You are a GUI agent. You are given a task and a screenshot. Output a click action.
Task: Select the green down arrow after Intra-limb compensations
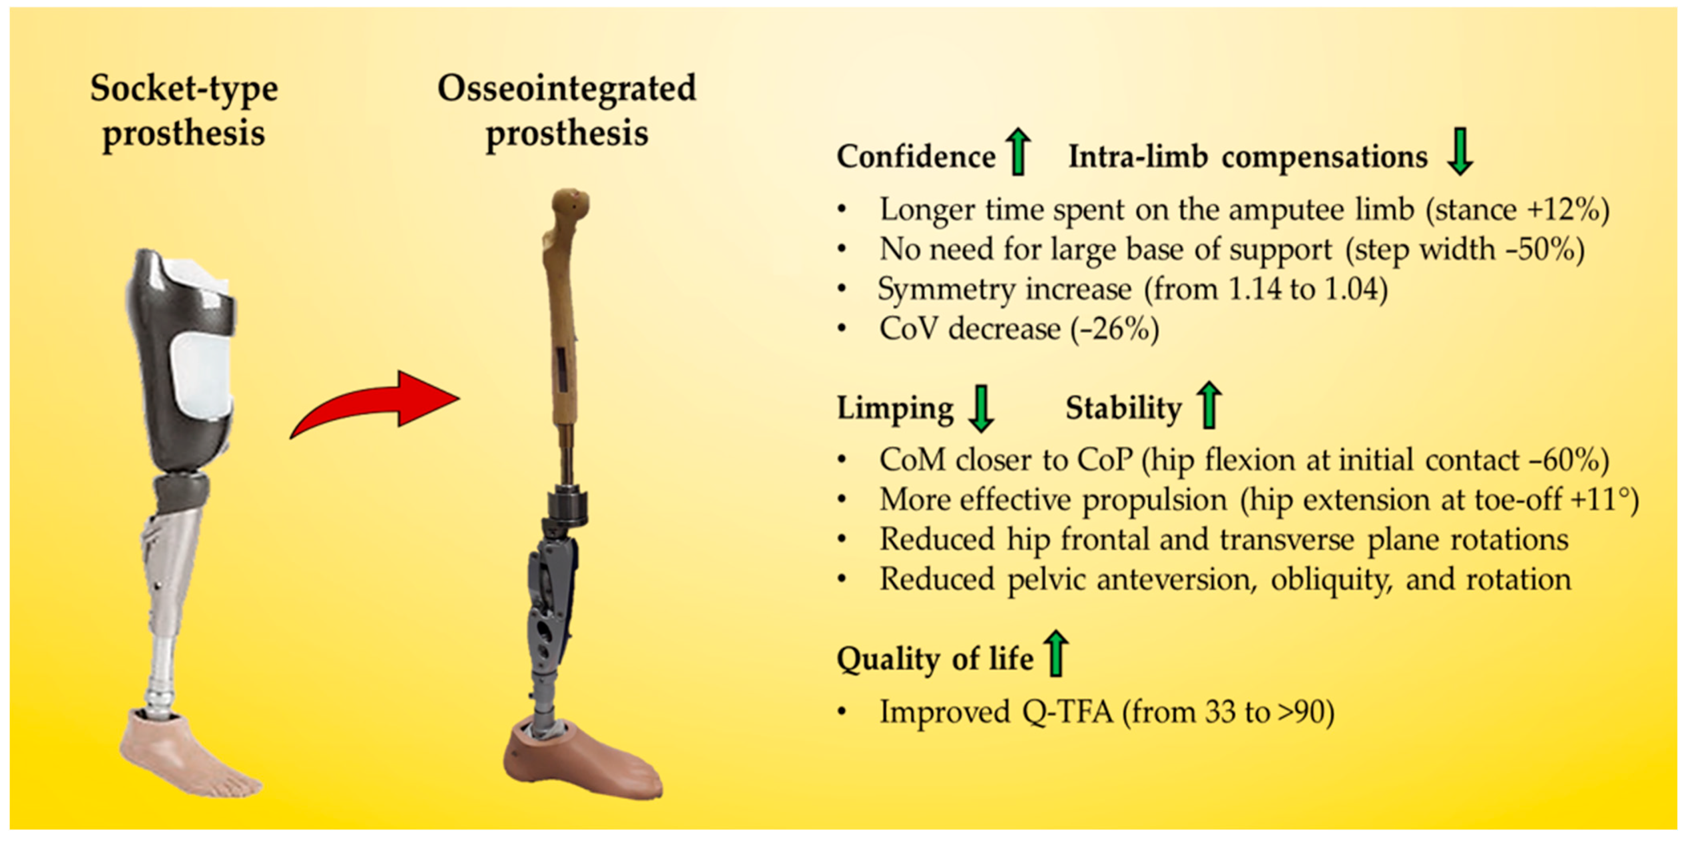1460,152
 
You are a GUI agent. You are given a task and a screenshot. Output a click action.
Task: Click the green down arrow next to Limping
981,409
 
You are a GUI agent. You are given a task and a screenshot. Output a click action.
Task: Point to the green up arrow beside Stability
1209,406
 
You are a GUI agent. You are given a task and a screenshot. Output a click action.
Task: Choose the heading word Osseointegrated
567,88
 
